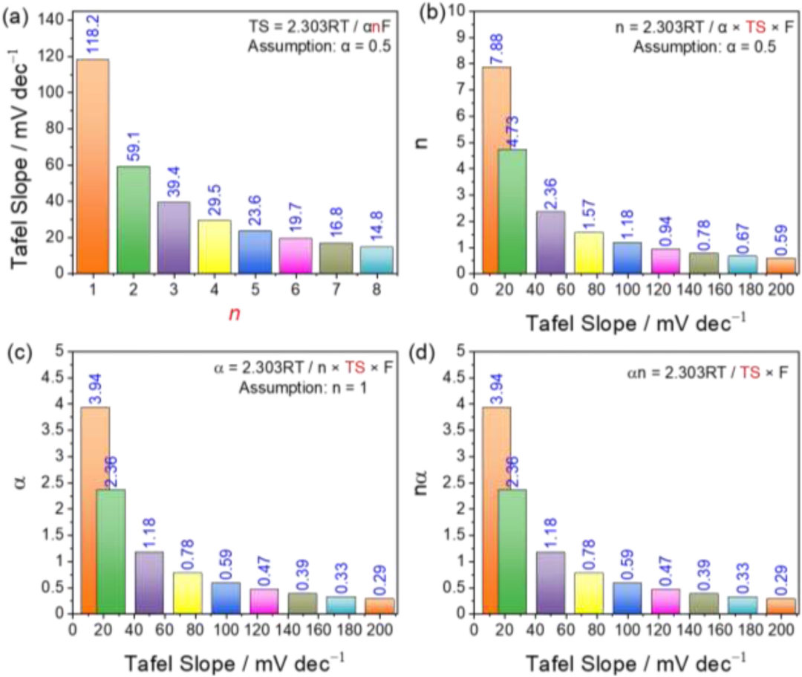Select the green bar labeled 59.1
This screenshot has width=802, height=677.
(134, 219)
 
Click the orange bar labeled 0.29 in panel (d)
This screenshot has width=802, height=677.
(780, 606)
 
